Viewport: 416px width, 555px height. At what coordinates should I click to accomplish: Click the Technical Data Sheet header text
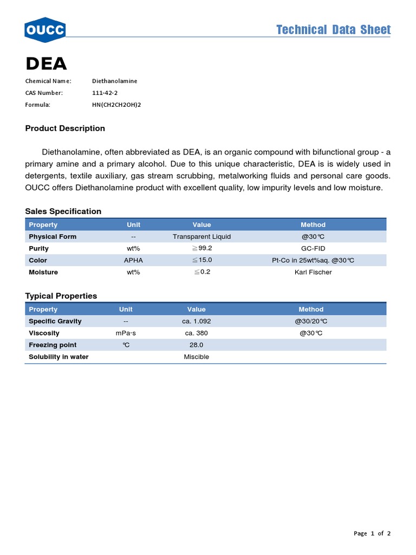[x=333, y=30]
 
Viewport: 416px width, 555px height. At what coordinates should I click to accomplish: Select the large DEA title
[x=46, y=64]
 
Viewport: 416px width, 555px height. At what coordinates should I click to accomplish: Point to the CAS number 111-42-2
[x=105, y=93]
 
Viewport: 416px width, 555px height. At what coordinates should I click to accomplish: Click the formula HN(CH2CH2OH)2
[x=116, y=105]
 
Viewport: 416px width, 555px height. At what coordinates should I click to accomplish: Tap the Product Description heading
[x=65, y=128]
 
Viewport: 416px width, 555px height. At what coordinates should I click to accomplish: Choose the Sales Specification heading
[x=63, y=211]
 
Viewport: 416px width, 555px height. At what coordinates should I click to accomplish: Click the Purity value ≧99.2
[x=201, y=248]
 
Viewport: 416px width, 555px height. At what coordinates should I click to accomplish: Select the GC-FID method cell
[x=313, y=248]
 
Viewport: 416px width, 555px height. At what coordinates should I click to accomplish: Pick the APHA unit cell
[x=133, y=260]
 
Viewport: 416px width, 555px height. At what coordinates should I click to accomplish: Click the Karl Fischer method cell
[x=313, y=272]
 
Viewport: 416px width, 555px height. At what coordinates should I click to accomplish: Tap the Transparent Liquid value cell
[x=201, y=237]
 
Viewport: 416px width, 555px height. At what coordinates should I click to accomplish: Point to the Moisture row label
[x=43, y=272]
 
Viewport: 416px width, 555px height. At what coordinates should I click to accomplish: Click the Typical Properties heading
[x=61, y=296]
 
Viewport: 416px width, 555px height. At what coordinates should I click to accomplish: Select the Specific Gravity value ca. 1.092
[x=197, y=321]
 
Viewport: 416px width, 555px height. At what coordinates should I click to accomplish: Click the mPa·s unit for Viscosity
[x=126, y=333]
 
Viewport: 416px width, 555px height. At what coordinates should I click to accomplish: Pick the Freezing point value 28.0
[x=197, y=345]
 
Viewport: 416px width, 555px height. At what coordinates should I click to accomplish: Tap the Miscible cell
[x=197, y=357]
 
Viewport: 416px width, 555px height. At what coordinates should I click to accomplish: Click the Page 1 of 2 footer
[x=372, y=533]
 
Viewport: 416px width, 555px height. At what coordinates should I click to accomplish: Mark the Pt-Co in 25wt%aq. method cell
[x=313, y=260]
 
